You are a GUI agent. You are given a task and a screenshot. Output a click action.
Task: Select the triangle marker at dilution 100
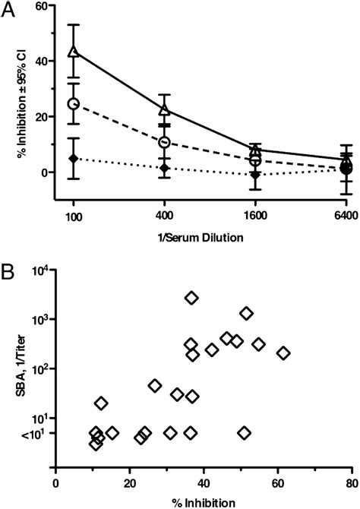(74, 52)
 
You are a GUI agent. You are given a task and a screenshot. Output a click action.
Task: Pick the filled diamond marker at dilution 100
(74, 158)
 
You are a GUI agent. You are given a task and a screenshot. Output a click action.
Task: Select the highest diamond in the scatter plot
(191, 299)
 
